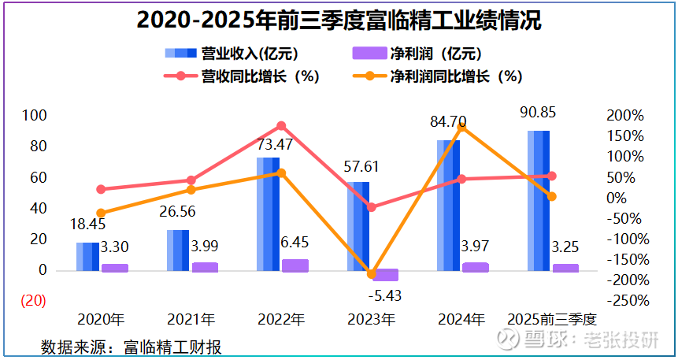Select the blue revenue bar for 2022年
coord(268,213)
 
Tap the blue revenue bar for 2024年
coord(448,205)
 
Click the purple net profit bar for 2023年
coord(386,275)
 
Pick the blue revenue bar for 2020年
coord(87,256)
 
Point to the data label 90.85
coord(538,113)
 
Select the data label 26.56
coord(178,211)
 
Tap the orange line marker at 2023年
coord(372,274)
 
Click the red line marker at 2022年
coord(281,126)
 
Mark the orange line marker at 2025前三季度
coord(552,196)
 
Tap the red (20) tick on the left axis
coord(32,301)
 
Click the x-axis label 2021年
coord(191,321)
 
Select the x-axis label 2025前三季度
coord(551,321)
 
